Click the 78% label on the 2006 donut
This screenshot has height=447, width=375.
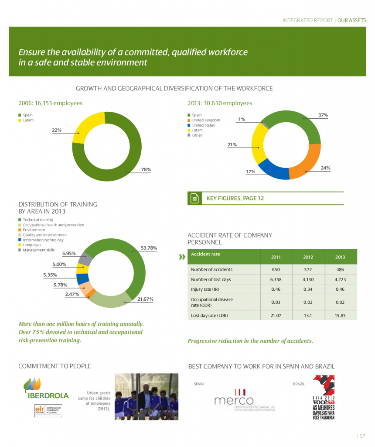pyautogui.click(x=146, y=169)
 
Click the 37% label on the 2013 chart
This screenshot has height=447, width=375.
pyautogui.click(x=323, y=115)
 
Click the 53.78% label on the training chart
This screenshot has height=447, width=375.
pyautogui.click(x=149, y=248)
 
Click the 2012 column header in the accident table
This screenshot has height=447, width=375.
pyautogui.click(x=307, y=257)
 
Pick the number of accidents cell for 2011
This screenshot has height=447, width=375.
pyautogui.click(x=276, y=269)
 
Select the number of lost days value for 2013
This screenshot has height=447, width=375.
pyautogui.click(x=340, y=279)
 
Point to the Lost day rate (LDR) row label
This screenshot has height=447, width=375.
pyautogui.click(x=209, y=315)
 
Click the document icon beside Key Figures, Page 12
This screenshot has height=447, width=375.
pyautogui.click(x=194, y=199)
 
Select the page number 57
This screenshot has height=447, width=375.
pyautogui.click(x=362, y=436)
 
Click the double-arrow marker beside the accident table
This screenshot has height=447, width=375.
pyautogui.click(x=182, y=257)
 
